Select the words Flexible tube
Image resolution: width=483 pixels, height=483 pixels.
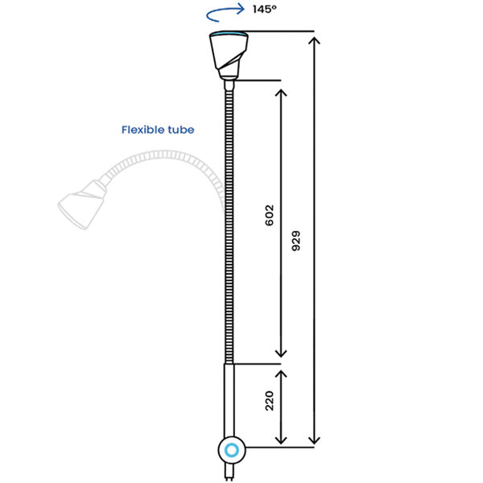tap(158, 129)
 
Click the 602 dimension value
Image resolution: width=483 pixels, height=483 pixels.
tap(270, 215)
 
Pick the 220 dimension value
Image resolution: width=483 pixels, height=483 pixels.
tap(270, 399)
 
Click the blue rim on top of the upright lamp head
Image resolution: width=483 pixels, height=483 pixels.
tap(228, 34)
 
